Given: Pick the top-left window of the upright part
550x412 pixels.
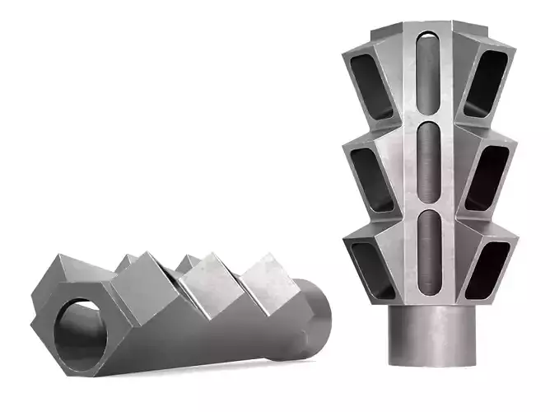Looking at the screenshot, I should pos(364,82).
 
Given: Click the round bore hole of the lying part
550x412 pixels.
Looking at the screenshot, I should pos(77,325).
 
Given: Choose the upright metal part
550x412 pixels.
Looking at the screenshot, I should pos(428,190).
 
